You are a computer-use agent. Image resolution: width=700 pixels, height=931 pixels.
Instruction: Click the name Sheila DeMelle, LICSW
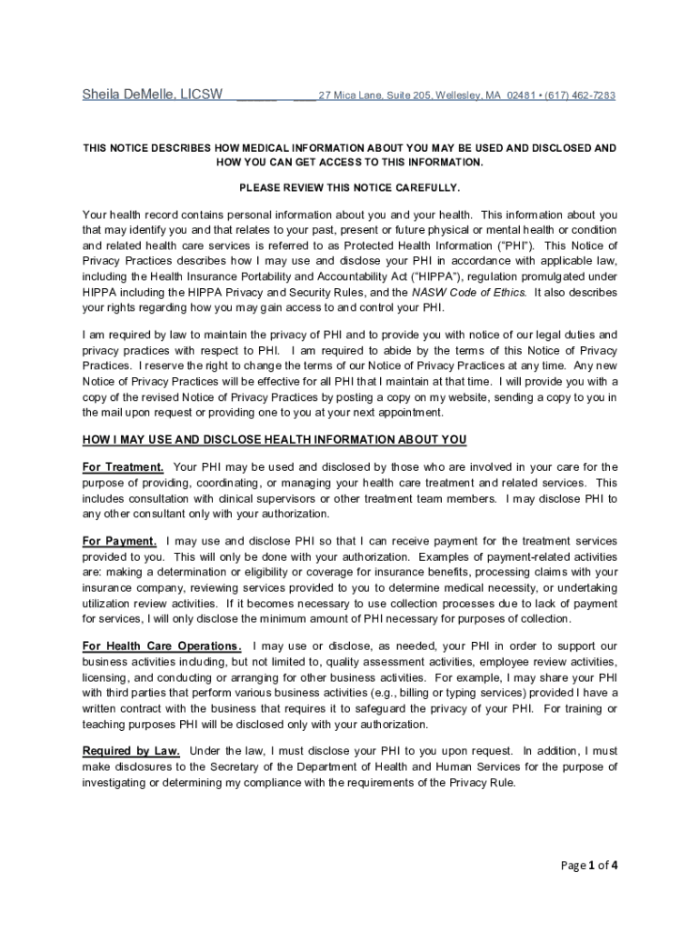153,95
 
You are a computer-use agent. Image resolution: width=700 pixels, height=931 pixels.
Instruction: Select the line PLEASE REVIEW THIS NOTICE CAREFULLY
350,187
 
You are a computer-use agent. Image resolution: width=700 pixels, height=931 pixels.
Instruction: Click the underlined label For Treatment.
124,467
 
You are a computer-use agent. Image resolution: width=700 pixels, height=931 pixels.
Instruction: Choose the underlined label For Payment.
119,541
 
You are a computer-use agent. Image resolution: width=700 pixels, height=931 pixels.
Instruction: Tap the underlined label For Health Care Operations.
162,646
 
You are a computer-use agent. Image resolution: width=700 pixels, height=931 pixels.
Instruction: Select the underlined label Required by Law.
131,751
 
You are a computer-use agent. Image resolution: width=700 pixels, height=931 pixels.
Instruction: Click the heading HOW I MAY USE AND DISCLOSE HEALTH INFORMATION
275,440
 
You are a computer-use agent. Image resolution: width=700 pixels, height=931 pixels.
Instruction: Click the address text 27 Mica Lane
348,95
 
